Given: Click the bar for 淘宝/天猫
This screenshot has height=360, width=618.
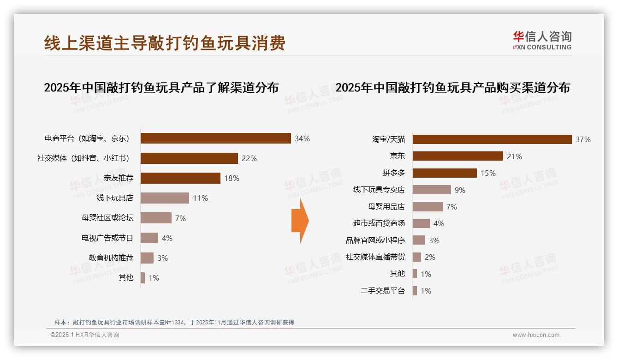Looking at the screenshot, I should [492, 139].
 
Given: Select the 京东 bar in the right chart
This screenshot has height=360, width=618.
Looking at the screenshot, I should [458, 156].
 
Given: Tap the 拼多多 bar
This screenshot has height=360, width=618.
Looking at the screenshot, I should [445, 173].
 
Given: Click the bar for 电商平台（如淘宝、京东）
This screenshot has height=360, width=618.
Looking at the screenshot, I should [215, 138].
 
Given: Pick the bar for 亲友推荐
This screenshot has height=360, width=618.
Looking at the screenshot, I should [180, 178].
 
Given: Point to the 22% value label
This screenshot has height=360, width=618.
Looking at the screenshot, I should [249, 158].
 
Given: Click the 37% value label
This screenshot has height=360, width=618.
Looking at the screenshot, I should [583, 139].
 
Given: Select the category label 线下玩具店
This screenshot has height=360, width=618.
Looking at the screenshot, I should [114, 198].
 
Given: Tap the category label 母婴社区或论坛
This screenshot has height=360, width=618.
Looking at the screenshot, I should [107, 218].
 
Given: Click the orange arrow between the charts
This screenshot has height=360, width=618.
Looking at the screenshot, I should [300, 221].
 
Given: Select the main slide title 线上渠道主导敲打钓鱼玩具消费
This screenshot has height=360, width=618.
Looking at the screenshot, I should [165, 43].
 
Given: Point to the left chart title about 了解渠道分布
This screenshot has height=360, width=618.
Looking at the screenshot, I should [161, 87].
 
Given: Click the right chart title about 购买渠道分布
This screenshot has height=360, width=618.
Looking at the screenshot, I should [452, 87].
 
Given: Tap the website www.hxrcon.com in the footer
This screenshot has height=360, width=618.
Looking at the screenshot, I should [536, 335].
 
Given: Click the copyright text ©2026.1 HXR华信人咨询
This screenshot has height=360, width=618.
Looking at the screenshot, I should [85, 335].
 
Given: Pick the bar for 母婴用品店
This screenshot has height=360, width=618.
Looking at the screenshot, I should [428, 207].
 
